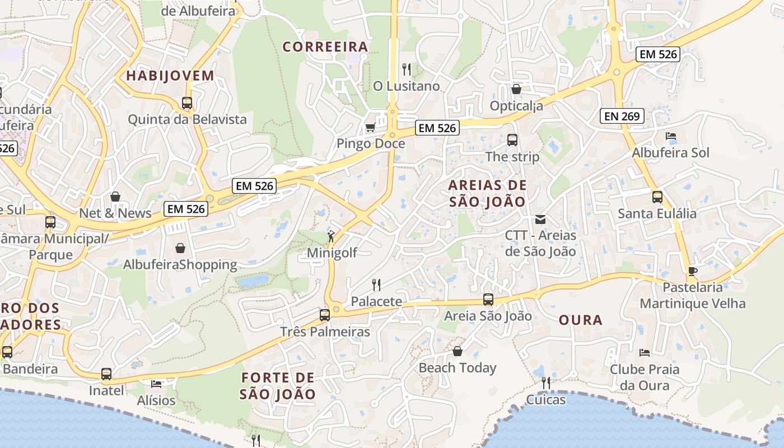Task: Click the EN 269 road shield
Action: click(622, 116)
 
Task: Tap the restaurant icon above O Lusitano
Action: click(407, 69)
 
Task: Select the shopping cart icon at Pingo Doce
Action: click(370, 128)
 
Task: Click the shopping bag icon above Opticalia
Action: click(516, 89)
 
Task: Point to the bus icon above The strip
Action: click(512, 140)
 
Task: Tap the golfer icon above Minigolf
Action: click(332, 236)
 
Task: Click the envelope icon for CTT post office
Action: click(540, 219)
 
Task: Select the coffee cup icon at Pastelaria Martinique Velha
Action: click(693, 272)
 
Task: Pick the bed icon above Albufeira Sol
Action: click(670, 136)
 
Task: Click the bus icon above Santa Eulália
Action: click(657, 197)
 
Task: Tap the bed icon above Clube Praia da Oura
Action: click(645, 353)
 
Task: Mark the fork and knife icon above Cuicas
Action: click(545, 383)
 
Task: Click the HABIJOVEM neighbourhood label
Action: click(170, 76)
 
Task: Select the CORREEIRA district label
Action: click(325, 47)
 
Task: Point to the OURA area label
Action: click(581, 320)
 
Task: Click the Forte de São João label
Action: click(278, 385)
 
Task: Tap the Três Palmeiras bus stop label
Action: click(325, 332)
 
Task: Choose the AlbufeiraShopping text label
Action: click(180, 264)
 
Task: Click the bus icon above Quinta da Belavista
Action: click(187, 103)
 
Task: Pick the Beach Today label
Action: click(458, 368)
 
